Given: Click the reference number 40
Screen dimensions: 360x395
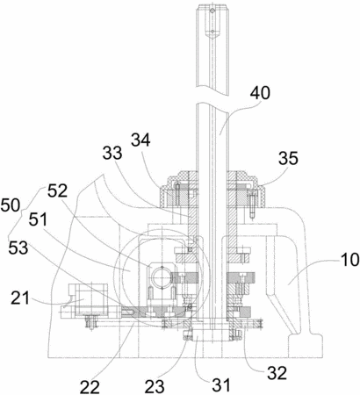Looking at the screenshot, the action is pos(260,94).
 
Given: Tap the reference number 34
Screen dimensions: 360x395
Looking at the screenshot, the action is pos(140,140).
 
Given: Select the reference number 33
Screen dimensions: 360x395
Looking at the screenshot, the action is pos(112,153).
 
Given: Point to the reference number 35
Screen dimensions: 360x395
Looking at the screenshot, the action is pos(288,158).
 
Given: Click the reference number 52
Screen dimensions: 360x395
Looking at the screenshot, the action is pos(57,191).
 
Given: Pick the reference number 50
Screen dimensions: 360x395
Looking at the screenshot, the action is pos(10,205).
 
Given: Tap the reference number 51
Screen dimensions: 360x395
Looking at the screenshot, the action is pos(38,219).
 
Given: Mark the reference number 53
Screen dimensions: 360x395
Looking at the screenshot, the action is pos(18,248).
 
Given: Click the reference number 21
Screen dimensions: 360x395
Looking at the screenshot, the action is pos(20,298).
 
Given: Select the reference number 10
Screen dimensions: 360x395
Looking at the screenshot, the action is pos(349,260).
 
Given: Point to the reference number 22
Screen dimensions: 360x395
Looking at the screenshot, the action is pos(90,387).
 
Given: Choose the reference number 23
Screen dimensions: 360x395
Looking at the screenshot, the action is pos(155,387).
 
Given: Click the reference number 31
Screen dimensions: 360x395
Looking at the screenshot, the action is pos(221,385).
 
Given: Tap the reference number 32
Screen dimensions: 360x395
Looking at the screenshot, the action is pos(277,373).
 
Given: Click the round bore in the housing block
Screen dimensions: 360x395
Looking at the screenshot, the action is pos(161,276).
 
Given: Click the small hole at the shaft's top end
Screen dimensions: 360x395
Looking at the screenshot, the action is pos(212,11).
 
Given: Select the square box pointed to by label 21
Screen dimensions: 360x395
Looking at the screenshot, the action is pos(91,299).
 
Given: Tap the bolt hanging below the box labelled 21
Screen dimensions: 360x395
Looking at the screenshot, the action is pos(91,323).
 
